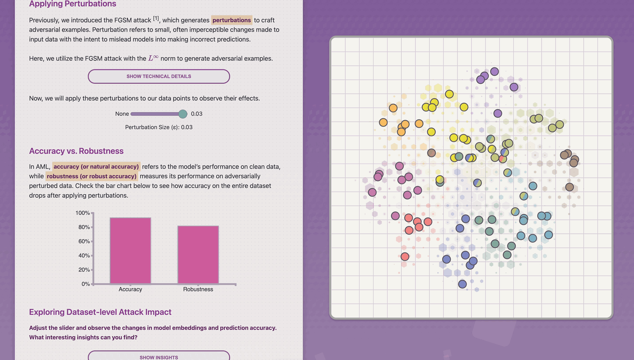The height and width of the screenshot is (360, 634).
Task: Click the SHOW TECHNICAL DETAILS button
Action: coord(158,76)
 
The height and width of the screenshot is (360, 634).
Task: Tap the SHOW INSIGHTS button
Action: coord(158,356)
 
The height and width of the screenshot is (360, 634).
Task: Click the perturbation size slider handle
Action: coord(183,114)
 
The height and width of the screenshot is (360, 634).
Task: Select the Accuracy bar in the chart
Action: coord(130,250)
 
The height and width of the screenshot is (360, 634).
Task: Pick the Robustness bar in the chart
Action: coord(198,254)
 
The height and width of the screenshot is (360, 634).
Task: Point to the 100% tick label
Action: coord(82,213)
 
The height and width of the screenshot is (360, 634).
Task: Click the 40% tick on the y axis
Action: coord(84,256)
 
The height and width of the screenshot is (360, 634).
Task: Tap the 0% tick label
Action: coord(85,284)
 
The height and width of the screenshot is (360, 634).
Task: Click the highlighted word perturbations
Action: coord(231,20)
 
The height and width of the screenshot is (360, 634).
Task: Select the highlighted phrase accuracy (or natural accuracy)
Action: coord(96,167)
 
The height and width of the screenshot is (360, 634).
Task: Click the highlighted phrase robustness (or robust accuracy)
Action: coord(92,176)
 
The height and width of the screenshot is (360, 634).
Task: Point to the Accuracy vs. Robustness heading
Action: coord(76,151)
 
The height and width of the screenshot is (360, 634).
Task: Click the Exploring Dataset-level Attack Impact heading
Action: coord(100,312)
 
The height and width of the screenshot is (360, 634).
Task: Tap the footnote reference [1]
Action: coord(156,18)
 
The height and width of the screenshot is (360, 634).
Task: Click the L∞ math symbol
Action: coord(153,58)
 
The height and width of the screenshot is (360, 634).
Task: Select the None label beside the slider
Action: coord(122,114)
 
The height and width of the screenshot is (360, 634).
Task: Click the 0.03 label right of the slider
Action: coord(196,114)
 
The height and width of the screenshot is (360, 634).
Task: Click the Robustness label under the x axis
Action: coord(198,289)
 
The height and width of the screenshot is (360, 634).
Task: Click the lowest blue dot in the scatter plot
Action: coord(462,284)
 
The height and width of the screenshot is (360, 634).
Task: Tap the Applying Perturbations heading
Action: coord(72,4)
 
